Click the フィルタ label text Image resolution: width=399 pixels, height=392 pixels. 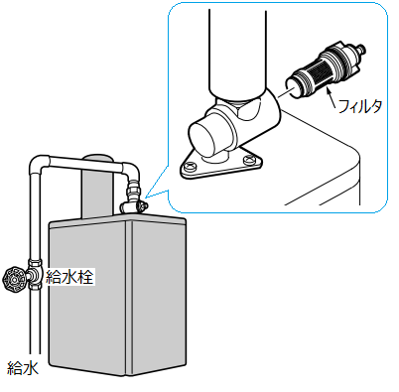(x=360, y=106)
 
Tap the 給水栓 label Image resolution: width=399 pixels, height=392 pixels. (x=69, y=277)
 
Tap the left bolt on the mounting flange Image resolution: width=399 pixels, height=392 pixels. (x=190, y=165)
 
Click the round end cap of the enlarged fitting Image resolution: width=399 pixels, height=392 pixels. (x=201, y=138)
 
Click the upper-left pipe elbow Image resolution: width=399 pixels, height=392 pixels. (x=39, y=163)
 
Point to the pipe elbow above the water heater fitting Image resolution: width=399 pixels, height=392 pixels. (x=131, y=171)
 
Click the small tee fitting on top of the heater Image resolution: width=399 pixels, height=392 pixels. (x=132, y=206)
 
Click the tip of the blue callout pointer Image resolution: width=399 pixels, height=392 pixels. (x=145, y=197)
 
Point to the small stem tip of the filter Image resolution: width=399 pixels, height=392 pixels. (x=362, y=48)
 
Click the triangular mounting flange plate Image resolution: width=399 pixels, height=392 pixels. (x=221, y=164)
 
